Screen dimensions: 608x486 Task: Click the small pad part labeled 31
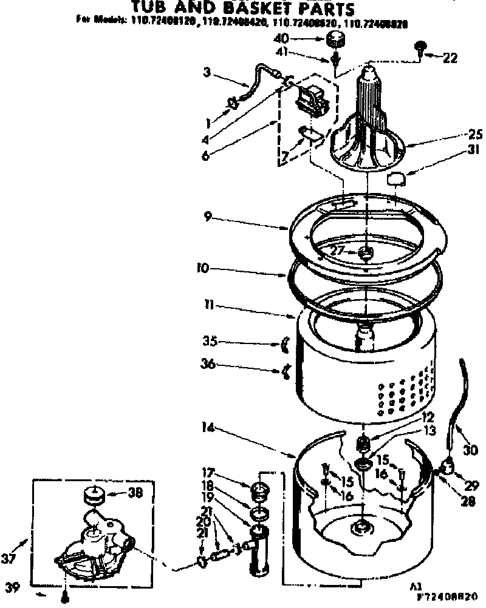396,179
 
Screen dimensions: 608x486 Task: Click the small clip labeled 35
284,346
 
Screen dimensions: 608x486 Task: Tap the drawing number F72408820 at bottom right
451,598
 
